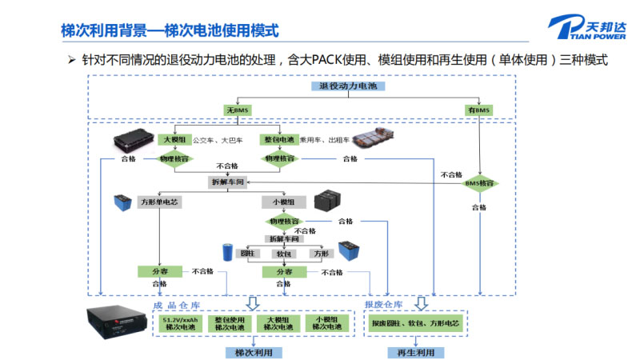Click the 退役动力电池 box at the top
[x=347, y=86]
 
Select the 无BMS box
[x=238, y=109]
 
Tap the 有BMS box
[x=480, y=109]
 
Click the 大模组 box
[x=174, y=139]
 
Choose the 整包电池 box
[x=279, y=139]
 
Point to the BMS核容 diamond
[x=480, y=182]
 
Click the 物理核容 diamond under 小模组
[x=284, y=221]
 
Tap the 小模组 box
[x=284, y=202]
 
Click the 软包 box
[x=283, y=254]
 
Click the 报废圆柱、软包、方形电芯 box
[x=415, y=323]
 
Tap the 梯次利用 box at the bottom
[x=253, y=352]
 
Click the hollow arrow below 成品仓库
[x=253, y=302]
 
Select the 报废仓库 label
[x=382, y=305]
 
